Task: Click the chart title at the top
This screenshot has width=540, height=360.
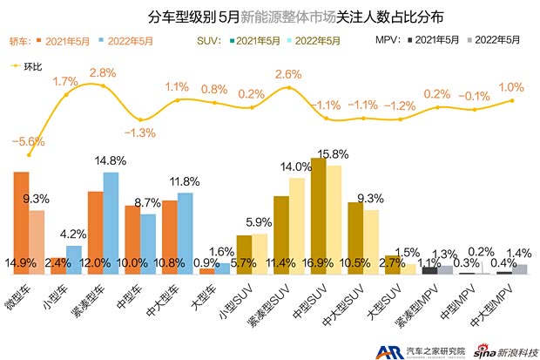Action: tap(270, 16)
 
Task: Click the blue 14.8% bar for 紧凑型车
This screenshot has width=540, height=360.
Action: tap(111, 222)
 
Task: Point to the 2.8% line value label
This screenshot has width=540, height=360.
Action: tap(103, 71)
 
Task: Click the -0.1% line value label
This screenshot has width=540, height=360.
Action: tap(475, 95)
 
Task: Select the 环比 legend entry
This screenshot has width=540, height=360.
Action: tap(30, 65)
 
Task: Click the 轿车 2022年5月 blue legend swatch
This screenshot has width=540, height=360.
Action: tap(104, 41)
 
